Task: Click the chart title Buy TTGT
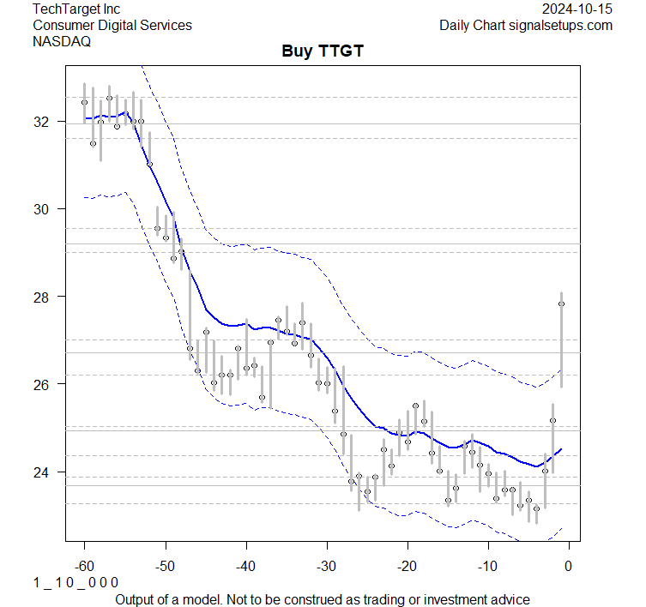[323, 51]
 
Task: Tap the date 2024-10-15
[577, 9]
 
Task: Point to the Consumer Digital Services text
[112, 25]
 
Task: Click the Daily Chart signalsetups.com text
[526, 25]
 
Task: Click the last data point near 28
[561, 303]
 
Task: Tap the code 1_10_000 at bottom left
[75, 582]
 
